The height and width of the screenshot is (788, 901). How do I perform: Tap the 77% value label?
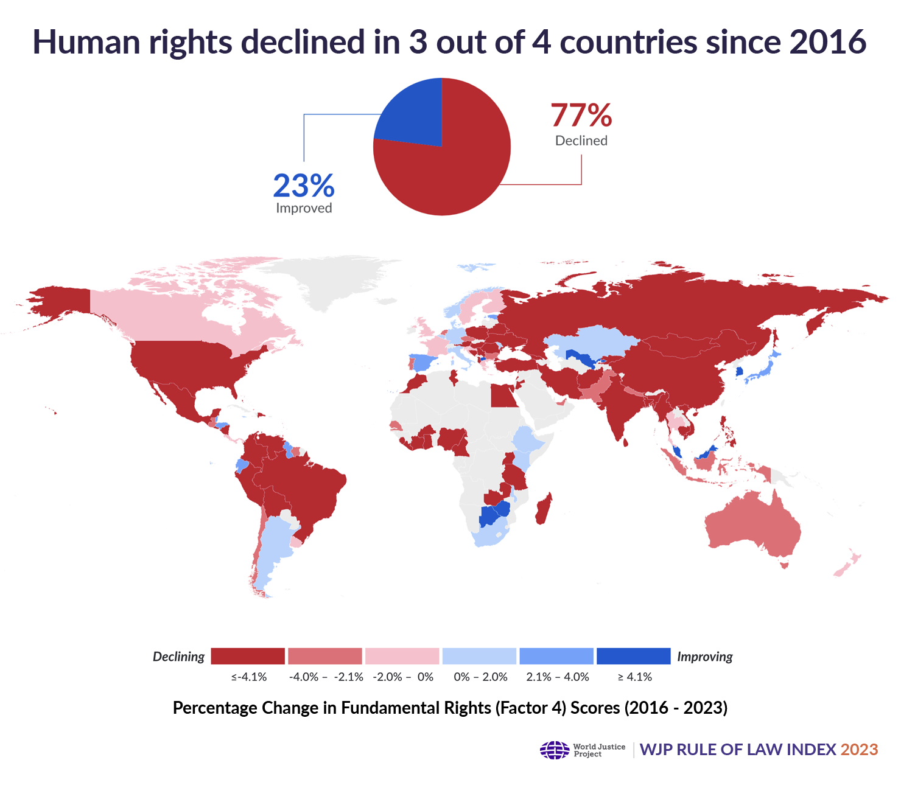coord(581,115)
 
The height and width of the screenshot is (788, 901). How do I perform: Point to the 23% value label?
coord(303,186)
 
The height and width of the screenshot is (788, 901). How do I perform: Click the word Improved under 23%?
coord(304,208)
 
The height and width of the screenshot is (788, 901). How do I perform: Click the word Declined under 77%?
coord(581,141)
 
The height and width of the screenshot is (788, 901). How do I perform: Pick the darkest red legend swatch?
coord(248,656)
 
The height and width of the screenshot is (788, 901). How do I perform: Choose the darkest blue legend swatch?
coord(633,656)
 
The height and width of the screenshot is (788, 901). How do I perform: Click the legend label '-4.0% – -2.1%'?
coord(326,677)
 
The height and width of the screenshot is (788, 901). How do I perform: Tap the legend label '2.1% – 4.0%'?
coord(558,677)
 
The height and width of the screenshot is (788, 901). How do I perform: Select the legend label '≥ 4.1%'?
coord(634,677)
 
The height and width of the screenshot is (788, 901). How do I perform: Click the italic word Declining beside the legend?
coord(178,657)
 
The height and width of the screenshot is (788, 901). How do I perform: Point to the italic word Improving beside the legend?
coord(704,657)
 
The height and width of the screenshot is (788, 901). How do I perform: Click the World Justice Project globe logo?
coord(554,750)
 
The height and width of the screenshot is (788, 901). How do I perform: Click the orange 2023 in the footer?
coord(859,750)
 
